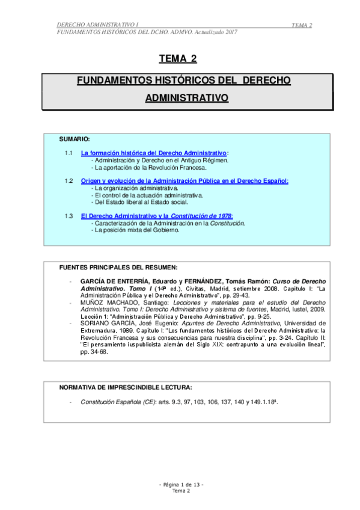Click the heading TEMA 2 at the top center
[177, 58]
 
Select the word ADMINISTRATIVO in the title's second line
[186, 97]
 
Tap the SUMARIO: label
[75, 139]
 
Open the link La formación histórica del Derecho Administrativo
[154, 153]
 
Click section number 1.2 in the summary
[69, 180]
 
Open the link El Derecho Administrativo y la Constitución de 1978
[157, 215]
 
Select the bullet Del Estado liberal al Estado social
[142, 202]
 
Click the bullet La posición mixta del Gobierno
[136, 230]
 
